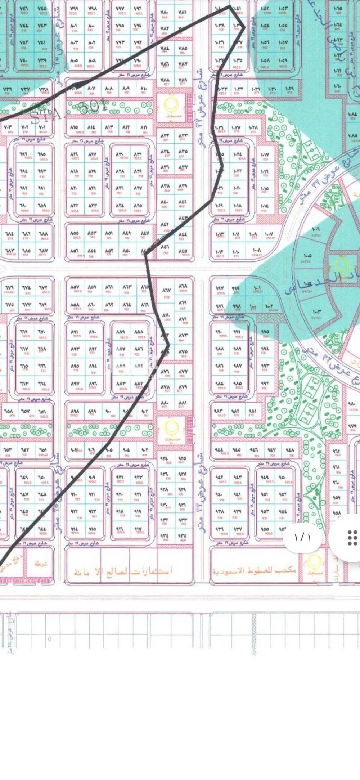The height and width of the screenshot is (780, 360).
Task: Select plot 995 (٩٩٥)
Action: pyautogui.click(x=265, y=332)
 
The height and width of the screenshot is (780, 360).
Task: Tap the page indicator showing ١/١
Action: pyautogui.click(x=302, y=537)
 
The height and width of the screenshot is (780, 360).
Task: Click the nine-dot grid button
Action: pyautogui.click(x=352, y=538)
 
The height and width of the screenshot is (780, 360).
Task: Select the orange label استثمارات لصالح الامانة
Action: pyautogui.click(x=122, y=571)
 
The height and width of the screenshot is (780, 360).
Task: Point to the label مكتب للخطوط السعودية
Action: pyautogui.click(x=254, y=571)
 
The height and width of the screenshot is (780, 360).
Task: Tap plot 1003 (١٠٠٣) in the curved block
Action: pyautogui.click(x=316, y=312)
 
